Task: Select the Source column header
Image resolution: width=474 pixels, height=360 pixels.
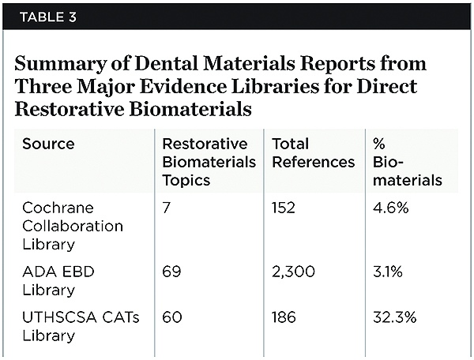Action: pos(48,144)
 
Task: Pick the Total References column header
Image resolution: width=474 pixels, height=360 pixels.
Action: pos(313,153)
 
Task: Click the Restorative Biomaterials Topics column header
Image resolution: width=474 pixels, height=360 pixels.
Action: pos(209,162)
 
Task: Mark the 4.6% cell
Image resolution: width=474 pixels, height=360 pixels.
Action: pos(390,208)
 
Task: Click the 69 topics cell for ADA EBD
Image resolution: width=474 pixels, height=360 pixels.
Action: pos(171,272)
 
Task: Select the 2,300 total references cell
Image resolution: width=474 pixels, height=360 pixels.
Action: pos(293,272)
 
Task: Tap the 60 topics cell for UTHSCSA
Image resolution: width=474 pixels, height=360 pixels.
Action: pos(171,317)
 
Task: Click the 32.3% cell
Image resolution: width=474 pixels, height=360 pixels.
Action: pos(394,317)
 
